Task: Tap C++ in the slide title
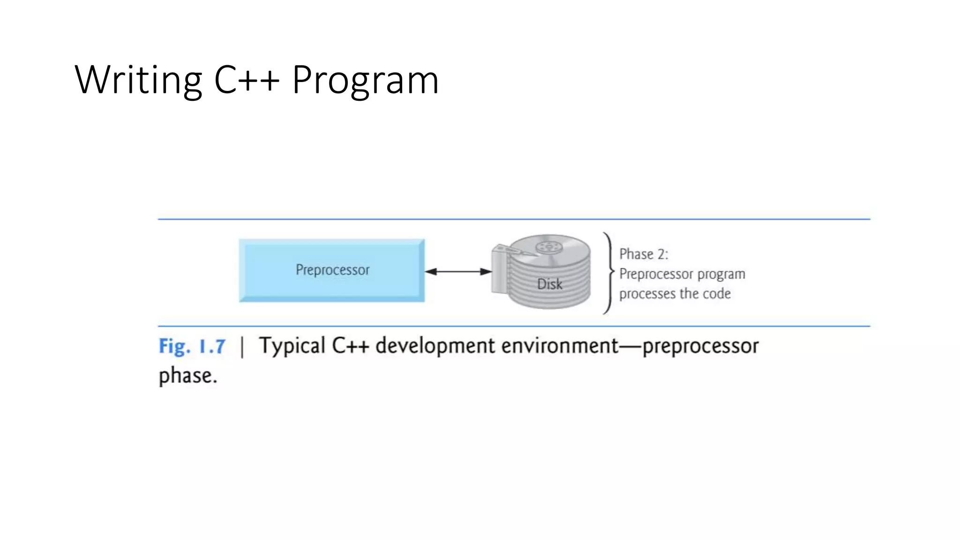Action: pyautogui.click(x=247, y=80)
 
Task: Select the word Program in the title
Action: pyautogui.click(x=365, y=80)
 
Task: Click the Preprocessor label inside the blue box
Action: pyautogui.click(x=332, y=270)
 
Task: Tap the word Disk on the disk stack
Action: pyautogui.click(x=549, y=284)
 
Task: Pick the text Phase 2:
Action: pyautogui.click(x=644, y=254)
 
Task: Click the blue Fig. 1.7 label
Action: pyautogui.click(x=192, y=347)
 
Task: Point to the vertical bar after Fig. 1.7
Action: pyautogui.click(x=242, y=347)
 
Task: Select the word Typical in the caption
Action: pyautogui.click(x=292, y=346)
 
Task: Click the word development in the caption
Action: pyautogui.click(x=435, y=346)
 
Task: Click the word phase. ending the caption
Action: pyautogui.click(x=188, y=376)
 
